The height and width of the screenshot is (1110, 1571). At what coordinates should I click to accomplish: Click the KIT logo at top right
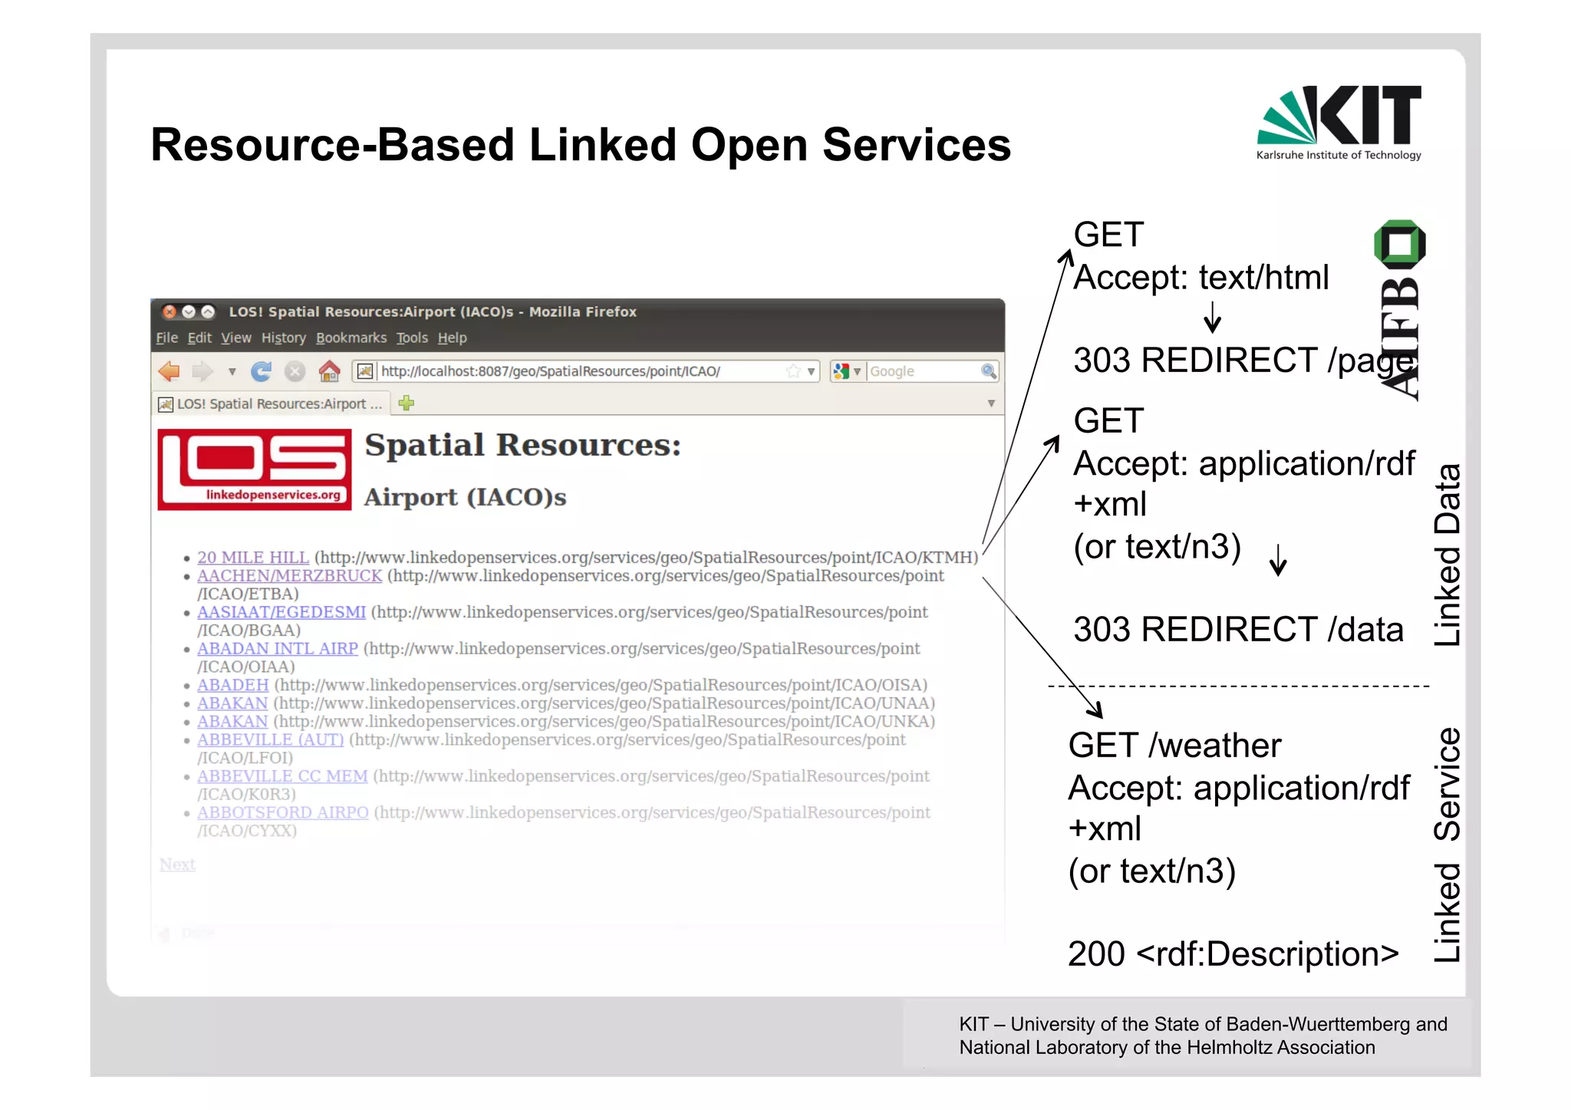point(1339,121)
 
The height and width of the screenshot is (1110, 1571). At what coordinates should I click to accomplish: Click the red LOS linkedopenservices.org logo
point(255,469)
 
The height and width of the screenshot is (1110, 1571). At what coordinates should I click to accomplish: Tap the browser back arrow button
point(169,372)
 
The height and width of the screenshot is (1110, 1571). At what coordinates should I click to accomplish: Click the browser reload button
point(261,372)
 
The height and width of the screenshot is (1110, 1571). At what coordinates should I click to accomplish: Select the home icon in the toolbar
point(330,372)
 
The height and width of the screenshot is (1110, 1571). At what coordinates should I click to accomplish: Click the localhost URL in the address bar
point(550,372)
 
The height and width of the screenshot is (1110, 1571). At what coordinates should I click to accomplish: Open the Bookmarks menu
point(351,338)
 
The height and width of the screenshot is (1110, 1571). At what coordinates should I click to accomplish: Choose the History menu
point(283,338)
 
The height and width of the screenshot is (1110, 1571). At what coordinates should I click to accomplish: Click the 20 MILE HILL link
point(252,558)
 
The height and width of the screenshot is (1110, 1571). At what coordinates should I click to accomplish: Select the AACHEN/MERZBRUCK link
point(289,576)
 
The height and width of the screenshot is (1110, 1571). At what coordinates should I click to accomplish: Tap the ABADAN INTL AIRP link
point(277,649)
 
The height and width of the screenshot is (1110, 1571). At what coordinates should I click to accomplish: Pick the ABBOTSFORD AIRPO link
point(282,813)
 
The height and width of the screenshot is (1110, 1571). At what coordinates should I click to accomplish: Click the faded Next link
point(177,865)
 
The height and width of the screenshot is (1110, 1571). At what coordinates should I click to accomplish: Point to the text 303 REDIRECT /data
point(1237,630)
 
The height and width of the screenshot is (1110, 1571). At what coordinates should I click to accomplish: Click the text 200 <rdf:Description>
point(1233,954)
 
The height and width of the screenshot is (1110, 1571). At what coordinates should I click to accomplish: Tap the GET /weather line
point(1174,746)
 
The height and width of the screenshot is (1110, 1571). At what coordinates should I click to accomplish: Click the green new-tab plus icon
point(407,403)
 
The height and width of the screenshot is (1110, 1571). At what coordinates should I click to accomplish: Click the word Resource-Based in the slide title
point(332,145)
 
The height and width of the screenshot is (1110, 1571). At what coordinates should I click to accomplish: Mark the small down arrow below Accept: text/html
point(1212,317)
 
